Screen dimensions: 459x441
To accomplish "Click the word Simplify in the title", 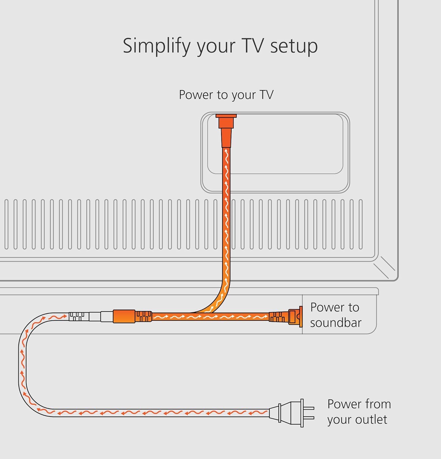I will click(x=156, y=46).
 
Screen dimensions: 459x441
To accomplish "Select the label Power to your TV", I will click(x=226, y=95).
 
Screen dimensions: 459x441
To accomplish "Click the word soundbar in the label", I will click(x=336, y=323).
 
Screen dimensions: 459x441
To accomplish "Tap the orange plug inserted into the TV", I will click(x=226, y=130).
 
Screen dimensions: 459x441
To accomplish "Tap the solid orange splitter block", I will click(x=124, y=316).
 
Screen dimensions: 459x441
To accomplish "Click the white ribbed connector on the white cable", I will click(x=78, y=316).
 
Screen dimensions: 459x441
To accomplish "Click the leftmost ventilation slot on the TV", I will click(x=6, y=224).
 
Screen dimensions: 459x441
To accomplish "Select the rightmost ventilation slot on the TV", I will click(x=360, y=224).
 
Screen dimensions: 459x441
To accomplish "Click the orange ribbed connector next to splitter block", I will click(x=144, y=316).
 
